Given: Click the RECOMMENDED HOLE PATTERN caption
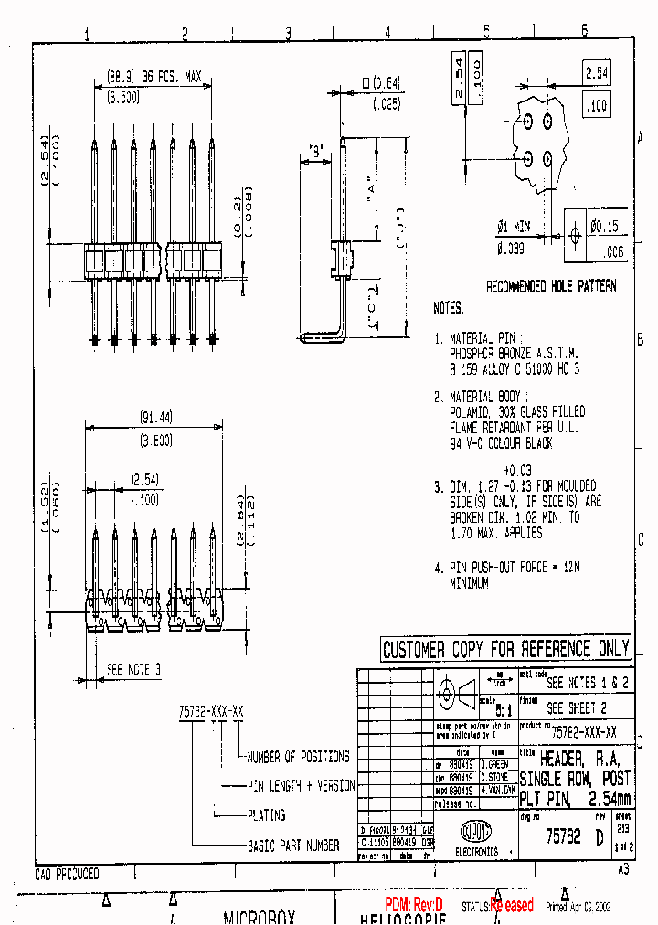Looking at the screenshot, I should [550, 286].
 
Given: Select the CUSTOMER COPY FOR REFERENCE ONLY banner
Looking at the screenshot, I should [505, 649].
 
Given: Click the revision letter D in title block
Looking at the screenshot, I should [600, 837].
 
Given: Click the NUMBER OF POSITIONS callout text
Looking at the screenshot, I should [299, 757].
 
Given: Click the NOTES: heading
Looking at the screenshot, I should [448, 309].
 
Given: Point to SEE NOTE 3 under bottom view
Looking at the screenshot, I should [133, 670].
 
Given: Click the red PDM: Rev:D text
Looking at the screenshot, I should [413, 904].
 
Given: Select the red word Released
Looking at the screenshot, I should [512, 905].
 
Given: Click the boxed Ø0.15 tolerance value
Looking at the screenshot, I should [604, 226].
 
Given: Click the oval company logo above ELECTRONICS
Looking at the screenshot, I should [475, 832].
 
